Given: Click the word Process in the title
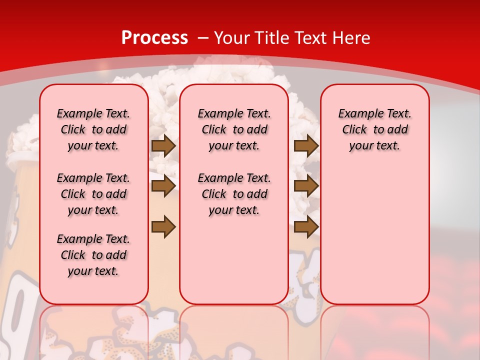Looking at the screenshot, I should [x=154, y=38].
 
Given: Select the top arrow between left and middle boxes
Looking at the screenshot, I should [x=163, y=145].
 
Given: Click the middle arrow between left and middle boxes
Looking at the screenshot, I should [x=163, y=186].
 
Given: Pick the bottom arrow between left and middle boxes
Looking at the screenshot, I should [x=163, y=226].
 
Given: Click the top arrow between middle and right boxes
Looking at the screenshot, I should [x=306, y=145].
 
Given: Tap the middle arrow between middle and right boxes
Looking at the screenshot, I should [x=306, y=186].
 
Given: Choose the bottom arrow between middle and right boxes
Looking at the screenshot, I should [x=306, y=226].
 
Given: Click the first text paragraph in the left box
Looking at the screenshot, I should [x=93, y=129].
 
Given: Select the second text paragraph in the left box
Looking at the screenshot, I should [x=93, y=194].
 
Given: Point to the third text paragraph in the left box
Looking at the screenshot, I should [x=93, y=255].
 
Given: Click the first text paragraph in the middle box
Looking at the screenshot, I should [x=234, y=129].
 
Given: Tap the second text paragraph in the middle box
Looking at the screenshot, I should [x=234, y=194].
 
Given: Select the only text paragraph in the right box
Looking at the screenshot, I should [x=374, y=129].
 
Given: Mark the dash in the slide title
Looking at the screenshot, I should [x=203, y=38].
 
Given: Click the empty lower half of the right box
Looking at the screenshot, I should [x=374, y=240].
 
